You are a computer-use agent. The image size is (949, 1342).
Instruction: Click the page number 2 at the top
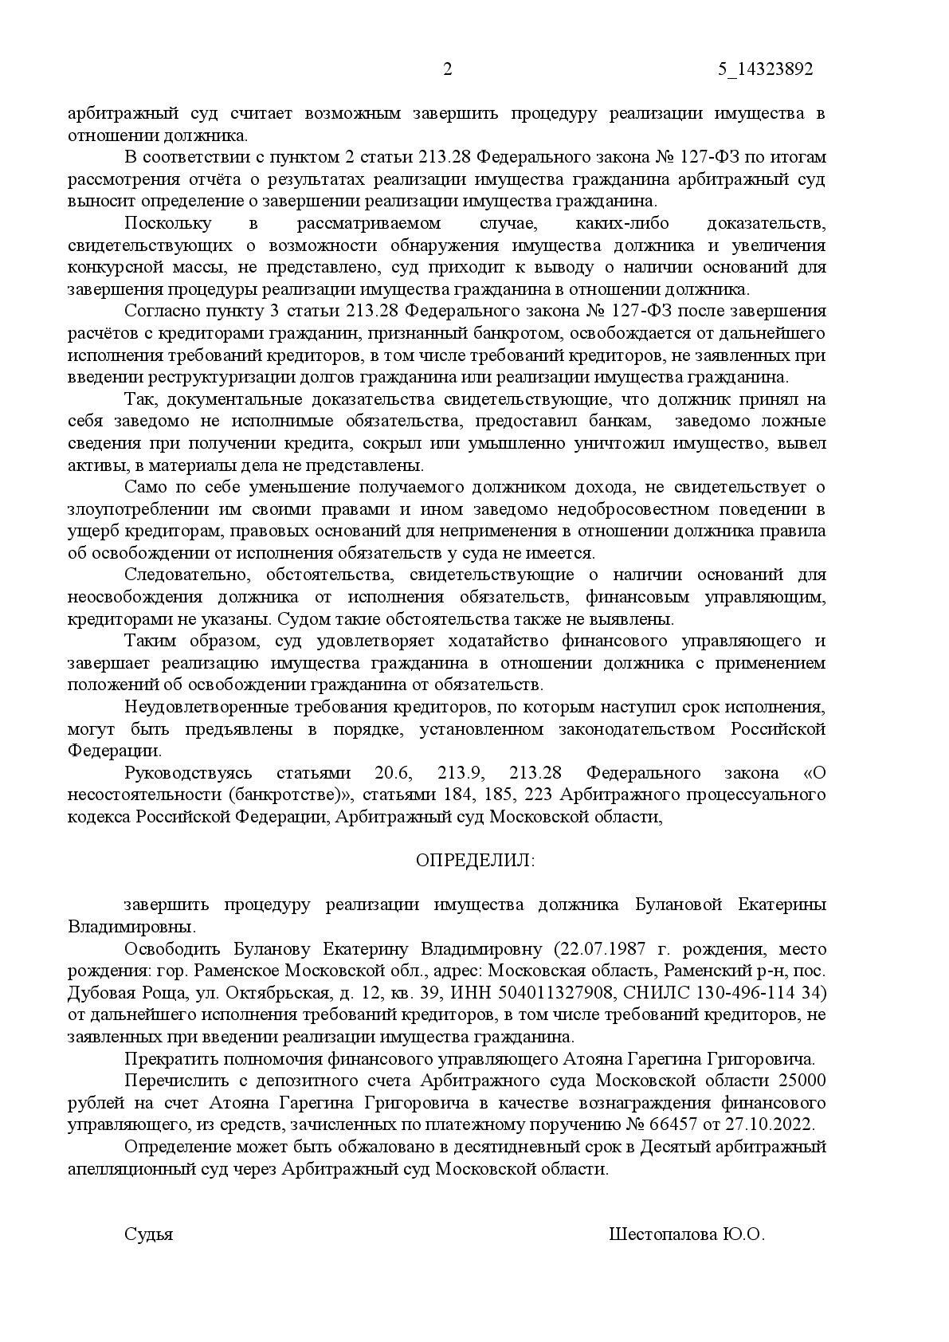point(447,70)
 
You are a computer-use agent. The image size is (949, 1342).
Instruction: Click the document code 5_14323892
point(765,70)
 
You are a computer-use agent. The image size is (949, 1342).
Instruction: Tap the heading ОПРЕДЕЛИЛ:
point(476,861)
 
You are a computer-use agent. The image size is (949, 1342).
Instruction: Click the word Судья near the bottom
point(149,1235)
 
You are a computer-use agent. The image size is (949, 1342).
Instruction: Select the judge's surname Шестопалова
point(663,1235)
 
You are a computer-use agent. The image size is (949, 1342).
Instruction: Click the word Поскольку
point(168,224)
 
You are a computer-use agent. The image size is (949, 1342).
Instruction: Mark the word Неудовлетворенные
point(203,708)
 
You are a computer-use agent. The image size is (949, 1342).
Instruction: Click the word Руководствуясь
point(188,774)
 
